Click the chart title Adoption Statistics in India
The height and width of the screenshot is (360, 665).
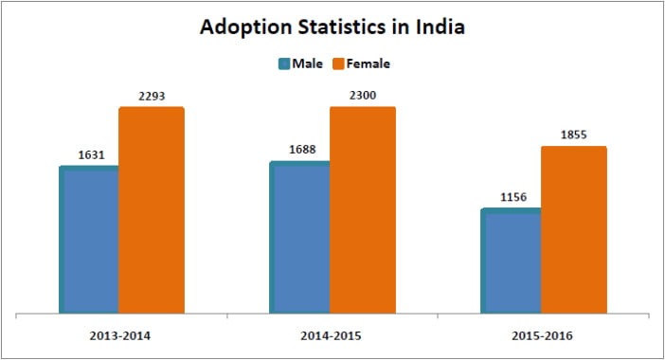(332, 27)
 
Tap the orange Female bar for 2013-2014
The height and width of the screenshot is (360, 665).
(152, 209)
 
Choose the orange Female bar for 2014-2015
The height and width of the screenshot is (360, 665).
(363, 209)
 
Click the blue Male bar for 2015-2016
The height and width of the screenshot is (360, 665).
(512, 261)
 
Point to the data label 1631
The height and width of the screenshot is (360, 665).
(93, 154)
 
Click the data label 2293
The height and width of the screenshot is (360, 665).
(152, 94)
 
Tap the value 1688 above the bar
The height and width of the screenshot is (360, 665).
(303, 149)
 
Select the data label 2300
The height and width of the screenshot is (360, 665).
(363, 94)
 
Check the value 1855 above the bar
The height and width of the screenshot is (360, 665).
(574, 134)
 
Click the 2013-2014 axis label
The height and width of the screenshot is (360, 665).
(119, 336)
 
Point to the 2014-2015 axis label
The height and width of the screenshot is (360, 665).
(331, 336)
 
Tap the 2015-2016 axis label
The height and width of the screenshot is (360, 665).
(542, 336)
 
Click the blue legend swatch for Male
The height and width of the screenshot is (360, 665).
(283, 63)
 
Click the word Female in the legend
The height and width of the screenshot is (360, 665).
(368, 63)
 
